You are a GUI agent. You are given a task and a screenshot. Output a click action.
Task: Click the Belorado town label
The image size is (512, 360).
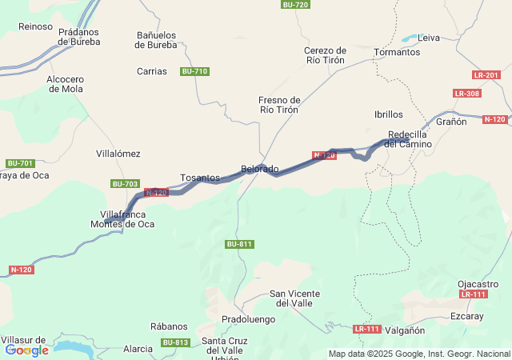(x=260, y=170)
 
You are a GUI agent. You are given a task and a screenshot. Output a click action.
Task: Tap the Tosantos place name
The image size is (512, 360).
(x=200, y=178)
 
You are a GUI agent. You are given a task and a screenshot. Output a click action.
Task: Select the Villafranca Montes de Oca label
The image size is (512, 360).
(x=123, y=219)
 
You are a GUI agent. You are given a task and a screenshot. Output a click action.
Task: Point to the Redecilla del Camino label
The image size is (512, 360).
(x=410, y=139)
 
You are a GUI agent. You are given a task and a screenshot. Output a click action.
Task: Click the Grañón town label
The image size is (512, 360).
(x=451, y=122)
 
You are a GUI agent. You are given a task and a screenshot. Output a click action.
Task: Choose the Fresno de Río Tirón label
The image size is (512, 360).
(x=279, y=105)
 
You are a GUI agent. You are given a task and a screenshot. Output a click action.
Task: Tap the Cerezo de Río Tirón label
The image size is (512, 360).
(x=326, y=55)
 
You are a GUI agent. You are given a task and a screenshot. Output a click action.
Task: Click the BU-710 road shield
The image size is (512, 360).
(x=194, y=72)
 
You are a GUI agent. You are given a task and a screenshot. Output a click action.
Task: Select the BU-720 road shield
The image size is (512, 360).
(x=295, y=5)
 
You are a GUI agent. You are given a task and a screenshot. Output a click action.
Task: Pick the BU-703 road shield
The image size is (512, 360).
(x=125, y=184)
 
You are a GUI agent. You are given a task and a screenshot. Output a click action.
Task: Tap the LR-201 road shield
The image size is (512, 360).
(x=486, y=75)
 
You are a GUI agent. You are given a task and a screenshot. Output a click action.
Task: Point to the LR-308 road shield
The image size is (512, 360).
(x=467, y=94)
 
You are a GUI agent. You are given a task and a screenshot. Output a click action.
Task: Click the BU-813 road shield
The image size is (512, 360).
(x=175, y=343)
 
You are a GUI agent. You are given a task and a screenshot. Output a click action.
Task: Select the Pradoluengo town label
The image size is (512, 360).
(x=248, y=319)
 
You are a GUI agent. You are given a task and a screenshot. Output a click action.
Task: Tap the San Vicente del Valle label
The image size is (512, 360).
(x=296, y=298)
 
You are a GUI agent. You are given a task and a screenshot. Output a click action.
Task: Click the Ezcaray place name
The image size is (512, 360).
(x=467, y=316)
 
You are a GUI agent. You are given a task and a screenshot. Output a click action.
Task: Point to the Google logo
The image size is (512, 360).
(x=26, y=350)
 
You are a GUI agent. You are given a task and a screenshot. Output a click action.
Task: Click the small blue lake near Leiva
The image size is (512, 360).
(x=409, y=38)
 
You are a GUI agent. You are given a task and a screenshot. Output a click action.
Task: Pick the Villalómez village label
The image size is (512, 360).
(x=118, y=154)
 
